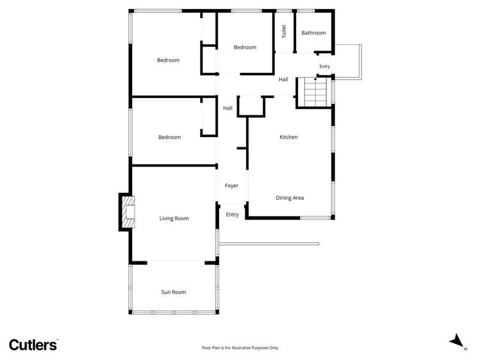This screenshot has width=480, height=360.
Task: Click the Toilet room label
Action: pyautogui.click(x=283, y=30)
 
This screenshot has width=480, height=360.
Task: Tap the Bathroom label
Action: pyautogui.click(x=313, y=33)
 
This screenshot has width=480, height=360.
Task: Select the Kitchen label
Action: pyautogui.click(x=288, y=137)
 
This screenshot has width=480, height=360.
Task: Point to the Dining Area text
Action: pyautogui.click(x=290, y=198)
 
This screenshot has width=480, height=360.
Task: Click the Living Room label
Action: pyautogui.click(x=174, y=218)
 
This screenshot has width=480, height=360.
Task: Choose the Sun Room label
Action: pyautogui.click(x=174, y=292)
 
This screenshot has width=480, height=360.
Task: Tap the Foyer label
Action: pyautogui.click(x=231, y=186)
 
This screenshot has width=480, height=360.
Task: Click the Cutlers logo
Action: pyautogui.click(x=33, y=345)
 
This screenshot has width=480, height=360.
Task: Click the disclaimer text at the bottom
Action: pyautogui.click(x=240, y=348)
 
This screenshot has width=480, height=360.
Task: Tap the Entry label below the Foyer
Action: pyautogui.click(x=232, y=215)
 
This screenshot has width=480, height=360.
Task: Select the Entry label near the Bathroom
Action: pyautogui.click(x=324, y=67)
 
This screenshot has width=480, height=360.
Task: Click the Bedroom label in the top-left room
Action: pyautogui.click(x=169, y=60)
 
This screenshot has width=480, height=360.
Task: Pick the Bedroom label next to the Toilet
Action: pyautogui.click(x=245, y=47)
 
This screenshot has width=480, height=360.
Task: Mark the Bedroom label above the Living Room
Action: pyautogui.click(x=170, y=137)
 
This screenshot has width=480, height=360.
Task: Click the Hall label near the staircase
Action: pyautogui.click(x=283, y=79)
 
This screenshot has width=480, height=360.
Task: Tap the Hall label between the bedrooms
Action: pyautogui.click(x=228, y=108)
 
